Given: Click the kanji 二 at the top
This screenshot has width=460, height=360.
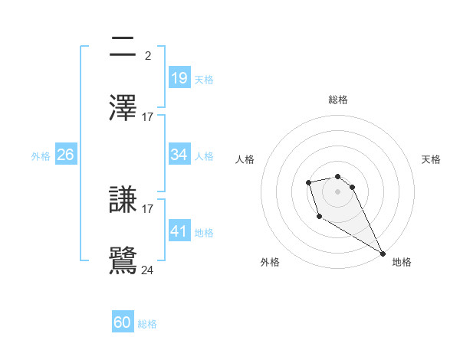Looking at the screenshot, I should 123,47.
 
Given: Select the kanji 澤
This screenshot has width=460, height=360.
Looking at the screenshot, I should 123,108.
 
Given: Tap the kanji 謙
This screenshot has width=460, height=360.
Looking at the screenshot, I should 123,200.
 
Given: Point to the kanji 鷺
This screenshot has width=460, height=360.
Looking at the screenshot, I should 123,261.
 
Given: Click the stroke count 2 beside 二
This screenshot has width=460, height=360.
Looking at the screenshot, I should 147,55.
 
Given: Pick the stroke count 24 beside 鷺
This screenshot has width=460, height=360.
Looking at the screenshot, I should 148,270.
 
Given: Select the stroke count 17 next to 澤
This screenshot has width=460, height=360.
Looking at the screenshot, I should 148,116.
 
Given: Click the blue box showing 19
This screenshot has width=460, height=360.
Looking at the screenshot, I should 179,78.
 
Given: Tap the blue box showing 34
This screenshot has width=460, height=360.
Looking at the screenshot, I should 179,155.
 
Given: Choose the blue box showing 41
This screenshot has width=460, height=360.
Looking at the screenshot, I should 179,231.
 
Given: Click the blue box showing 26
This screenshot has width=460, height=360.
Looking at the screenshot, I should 66,155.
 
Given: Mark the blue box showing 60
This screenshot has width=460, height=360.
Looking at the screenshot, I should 123,322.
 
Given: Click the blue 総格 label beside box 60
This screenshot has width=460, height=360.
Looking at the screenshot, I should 147,324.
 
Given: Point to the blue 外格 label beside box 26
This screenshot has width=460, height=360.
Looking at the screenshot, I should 41,156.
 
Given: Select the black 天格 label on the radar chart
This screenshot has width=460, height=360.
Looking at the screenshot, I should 431,159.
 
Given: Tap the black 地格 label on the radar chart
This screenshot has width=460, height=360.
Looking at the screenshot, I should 402,262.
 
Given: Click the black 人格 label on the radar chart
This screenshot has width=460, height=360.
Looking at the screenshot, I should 245,159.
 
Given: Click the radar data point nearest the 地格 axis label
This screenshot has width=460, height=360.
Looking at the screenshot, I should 383,253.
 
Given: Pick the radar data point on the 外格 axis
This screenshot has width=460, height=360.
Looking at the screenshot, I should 318,218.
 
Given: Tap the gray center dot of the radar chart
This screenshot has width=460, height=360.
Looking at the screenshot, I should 337,191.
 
